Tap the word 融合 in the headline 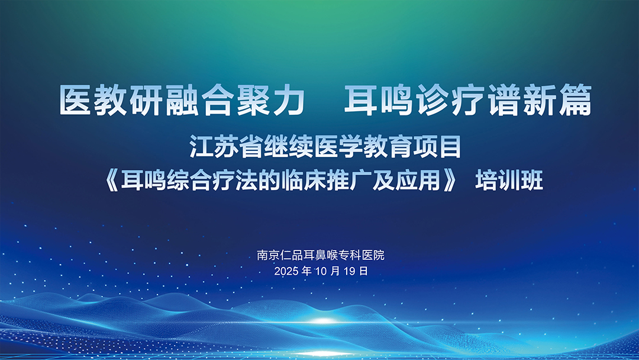(x=200, y=100)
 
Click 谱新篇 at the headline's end (x=539, y=100)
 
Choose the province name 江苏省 (x=227, y=147)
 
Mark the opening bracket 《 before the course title (x=111, y=181)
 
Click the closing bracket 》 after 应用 (x=450, y=181)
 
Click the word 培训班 (x=509, y=181)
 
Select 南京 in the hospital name (x=268, y=255)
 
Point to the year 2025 (x=286, y=271)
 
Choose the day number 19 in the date (x=350, y=271)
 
